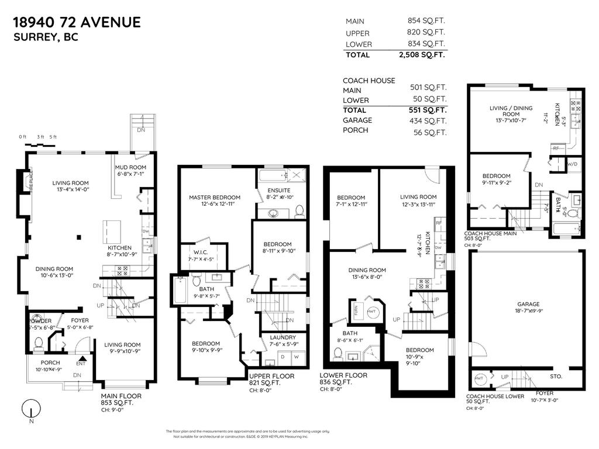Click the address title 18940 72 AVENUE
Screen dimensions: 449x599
tap(77, 23)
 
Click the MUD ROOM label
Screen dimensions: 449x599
tap(130, 167)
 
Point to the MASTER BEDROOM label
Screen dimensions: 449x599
tap(212, 198)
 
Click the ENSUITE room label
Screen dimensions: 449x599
tap(278, 190)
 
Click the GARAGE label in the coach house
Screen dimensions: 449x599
tap(528, 304)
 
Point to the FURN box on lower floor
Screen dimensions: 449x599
tap(355, 311)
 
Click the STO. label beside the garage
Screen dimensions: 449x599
tap(556, 377)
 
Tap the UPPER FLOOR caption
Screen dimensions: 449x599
tap(271, 376)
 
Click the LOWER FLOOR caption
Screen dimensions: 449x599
tap(344, 375)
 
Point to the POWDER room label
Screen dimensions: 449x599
tap(39, 321)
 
